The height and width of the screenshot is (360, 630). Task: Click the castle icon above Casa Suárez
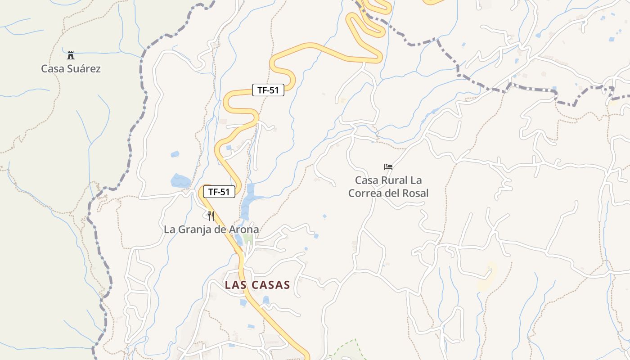[x=70, y=55]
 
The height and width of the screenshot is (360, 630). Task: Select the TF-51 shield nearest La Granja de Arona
[x=219, y=192]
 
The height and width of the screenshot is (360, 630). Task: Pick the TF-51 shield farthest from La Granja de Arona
[x=268, y=90]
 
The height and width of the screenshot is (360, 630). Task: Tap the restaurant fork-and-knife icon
[x=211, y=216]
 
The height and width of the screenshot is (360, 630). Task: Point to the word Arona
[x=244, y=229]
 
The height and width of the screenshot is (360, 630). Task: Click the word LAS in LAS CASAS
[x=235, y=285]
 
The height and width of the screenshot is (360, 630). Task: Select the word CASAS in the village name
[x=271, y=285]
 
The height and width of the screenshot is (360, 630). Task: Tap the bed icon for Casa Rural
[x=388, y=167]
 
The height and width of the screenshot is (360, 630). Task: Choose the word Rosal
[x=414, y=193]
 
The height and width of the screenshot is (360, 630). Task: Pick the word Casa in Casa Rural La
[x=366, y=180]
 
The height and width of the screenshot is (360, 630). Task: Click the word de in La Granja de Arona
[x=221, y=230]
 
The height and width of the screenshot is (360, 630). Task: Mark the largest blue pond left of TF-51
[x=181, y=181]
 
